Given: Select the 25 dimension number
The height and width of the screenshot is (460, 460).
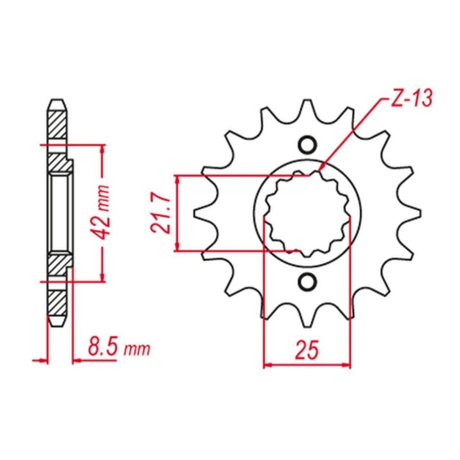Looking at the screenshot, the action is [307, 350].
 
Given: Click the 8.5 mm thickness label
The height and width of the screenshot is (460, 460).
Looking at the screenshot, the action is [119, 348].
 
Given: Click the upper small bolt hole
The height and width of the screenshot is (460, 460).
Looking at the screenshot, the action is [307, 144].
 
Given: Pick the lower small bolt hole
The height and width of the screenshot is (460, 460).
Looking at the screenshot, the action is [307, 282].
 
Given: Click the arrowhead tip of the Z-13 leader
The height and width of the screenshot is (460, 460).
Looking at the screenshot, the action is [319, 171].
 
